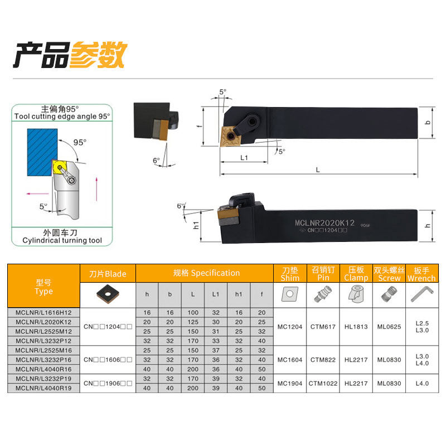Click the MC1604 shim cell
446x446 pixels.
tap(289, 360)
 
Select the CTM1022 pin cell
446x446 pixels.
tap(323, 383)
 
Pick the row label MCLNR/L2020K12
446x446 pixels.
tap(44, 322)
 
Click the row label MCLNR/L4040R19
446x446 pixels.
tap(44, 388)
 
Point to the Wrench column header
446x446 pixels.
tap(421, 274)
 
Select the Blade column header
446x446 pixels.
tap(108, 274)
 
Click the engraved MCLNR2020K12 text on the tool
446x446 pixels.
tap(324, 223)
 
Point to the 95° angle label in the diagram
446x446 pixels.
tap(80, 142)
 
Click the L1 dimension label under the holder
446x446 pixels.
tap(244, 158)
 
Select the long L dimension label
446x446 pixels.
tap(318, 169)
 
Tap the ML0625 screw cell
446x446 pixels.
tap(389, 327)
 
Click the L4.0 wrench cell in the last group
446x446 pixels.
tap(421, 383)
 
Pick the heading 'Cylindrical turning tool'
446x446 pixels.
tap(62, 240)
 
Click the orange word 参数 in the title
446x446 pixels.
tap(99, 55)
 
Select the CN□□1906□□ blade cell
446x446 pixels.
tap(108, 383)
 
